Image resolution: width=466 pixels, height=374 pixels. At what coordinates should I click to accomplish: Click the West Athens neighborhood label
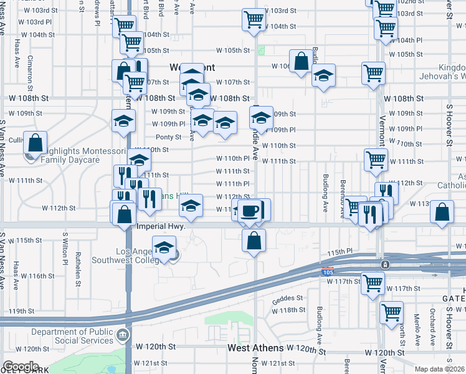coord(255,348)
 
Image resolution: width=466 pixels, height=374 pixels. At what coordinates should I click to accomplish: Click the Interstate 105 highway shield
coord(328,272)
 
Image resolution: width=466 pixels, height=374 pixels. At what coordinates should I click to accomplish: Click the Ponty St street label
coord(168,137)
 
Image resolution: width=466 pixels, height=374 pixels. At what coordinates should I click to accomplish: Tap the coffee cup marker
coord(250,210)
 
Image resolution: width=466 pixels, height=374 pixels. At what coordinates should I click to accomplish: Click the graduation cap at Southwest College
coord(164,248)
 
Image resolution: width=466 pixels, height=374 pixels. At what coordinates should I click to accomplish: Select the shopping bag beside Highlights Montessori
coord(36,143)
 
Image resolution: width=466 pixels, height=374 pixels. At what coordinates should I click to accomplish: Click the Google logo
coord(21,366)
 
